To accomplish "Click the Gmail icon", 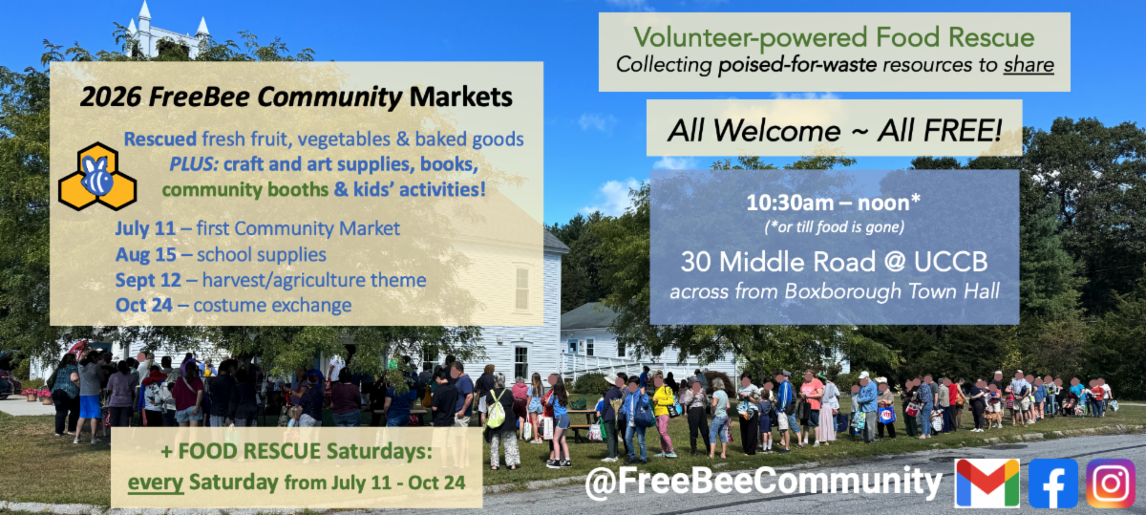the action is point(987,483).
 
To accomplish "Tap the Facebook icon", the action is point(1052,483).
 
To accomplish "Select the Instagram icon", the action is point(1111,483).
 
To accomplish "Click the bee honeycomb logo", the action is point(97,176).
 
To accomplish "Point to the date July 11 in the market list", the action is point(145,228).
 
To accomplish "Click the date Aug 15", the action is point(146,254).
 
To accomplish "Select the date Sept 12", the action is point(148,280).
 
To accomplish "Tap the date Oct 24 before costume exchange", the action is point(144,305).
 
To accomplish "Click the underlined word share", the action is point(1029,65).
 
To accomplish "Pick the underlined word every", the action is point(156,483).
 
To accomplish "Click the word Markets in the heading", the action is point(461,97).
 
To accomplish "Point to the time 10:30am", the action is point(791,204).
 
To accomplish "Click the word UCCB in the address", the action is point(951,262).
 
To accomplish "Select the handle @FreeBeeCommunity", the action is point(763,483).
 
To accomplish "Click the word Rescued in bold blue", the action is point(160,139).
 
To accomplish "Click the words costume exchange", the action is point(272,305).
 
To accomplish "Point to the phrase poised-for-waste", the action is point(797,65).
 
